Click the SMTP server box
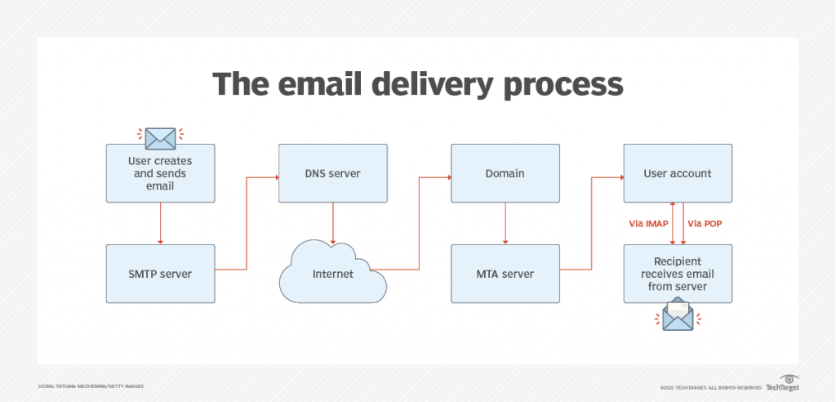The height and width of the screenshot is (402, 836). point(161,274)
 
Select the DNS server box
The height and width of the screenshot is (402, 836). point(333,173)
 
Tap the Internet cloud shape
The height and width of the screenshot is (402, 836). point(333,272)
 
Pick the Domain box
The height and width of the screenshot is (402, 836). point(505,173)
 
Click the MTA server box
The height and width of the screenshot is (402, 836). point(505,274)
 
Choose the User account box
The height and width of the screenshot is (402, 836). point(678,173)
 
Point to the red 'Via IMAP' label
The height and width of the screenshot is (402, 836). point(648,224)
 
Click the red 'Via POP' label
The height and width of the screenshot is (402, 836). point(705,224)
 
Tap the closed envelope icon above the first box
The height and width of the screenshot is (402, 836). point(161,139)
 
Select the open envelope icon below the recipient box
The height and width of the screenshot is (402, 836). point(678,316)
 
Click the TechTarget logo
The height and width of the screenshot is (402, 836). point(783,383)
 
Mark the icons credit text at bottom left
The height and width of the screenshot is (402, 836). point(91,386)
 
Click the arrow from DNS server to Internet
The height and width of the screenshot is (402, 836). point(333,223)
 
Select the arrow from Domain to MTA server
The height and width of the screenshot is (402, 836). point(505,223)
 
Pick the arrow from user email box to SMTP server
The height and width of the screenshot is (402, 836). point(161,223)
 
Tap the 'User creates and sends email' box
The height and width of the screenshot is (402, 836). point(161,173)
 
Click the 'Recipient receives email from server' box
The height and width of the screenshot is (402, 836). point(678,274)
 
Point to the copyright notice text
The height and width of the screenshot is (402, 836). point(711,387)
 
